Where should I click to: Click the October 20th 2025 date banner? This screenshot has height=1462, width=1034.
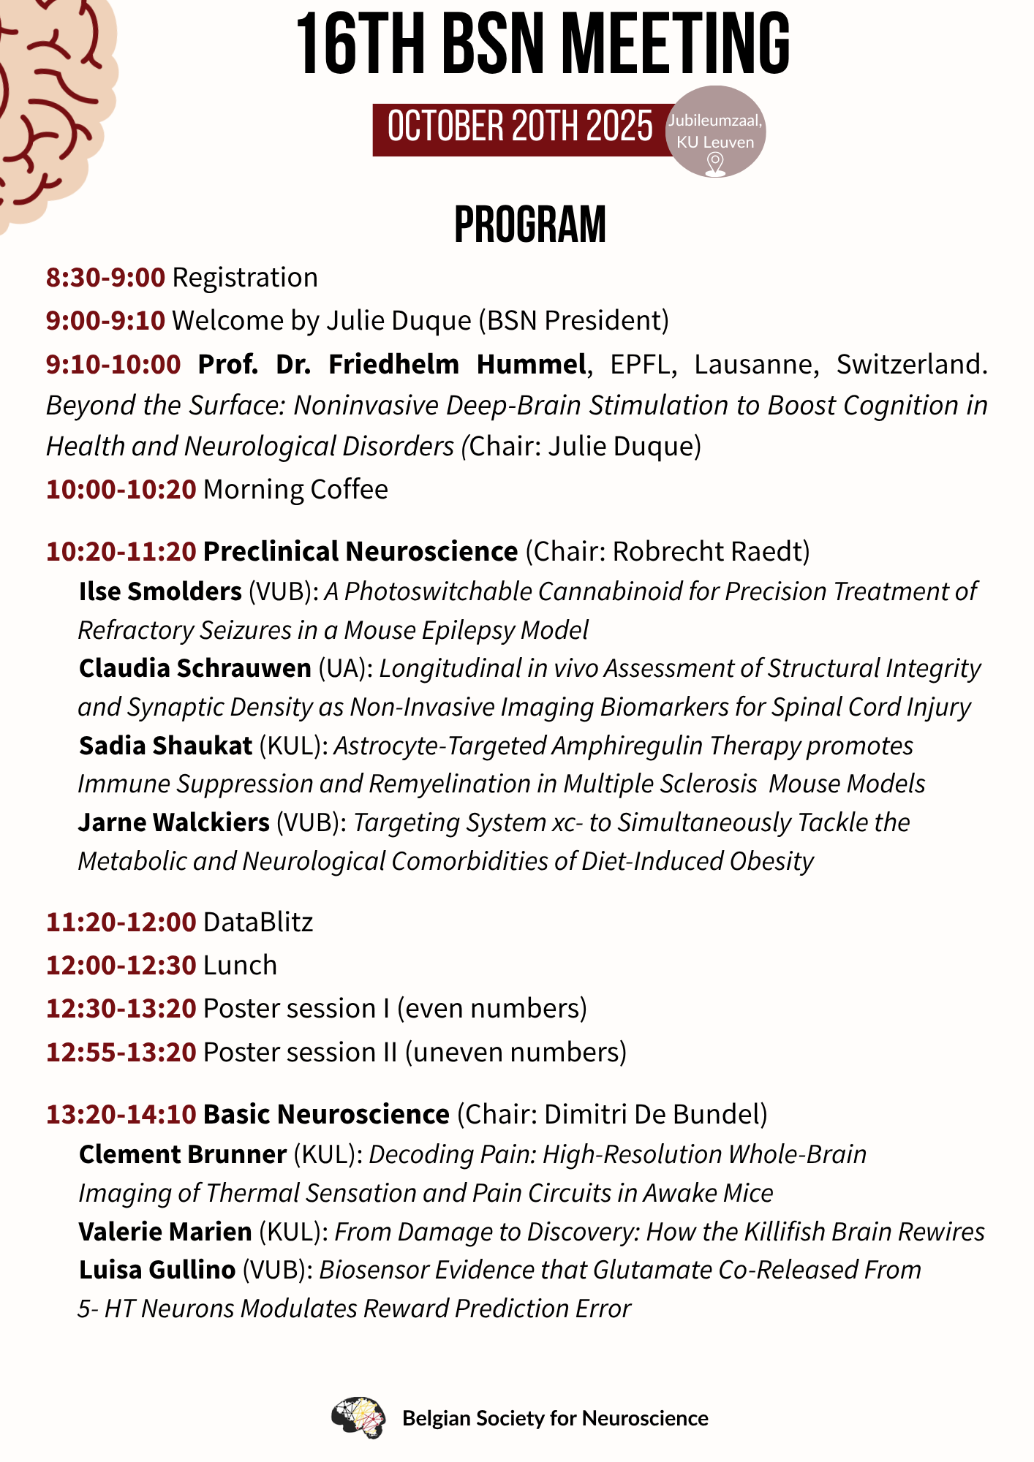click(520, 128)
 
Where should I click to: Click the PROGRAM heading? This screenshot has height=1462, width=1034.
click(530, 224)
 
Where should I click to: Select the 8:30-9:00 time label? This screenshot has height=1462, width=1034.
click(106, 278)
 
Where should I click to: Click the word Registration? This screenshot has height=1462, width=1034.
click(245, 278)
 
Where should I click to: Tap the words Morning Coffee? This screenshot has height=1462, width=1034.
click(295, 489)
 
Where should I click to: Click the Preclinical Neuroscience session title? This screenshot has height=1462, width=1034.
click(361, 551)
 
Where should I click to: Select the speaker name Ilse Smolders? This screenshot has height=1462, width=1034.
click(160, 591)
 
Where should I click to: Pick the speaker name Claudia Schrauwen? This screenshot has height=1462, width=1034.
click(195, 668)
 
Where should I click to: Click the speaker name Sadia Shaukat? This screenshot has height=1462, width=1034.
click(166, 746)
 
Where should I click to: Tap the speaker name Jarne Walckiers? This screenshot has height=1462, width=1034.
click(174, 822)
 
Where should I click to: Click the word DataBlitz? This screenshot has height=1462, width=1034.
click(258, 923)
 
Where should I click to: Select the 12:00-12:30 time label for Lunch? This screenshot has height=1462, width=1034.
click(121, 966)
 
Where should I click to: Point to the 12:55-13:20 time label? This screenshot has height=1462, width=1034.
click(121, 1052)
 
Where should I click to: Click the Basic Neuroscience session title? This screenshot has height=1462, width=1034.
click(326, 1114)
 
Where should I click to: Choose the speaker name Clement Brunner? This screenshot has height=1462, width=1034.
click(183, 1154)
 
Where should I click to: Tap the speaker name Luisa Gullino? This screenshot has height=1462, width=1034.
click(157, 1270)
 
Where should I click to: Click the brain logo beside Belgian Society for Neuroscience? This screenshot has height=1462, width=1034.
click(358, 1417)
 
